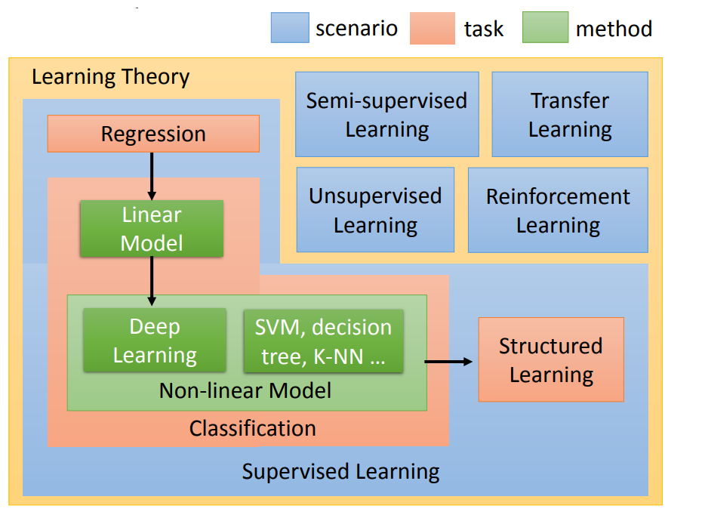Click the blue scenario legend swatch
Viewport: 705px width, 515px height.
290,28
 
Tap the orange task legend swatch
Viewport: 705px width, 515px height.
432,28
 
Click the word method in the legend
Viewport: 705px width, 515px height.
614,29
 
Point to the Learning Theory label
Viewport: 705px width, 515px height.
110,77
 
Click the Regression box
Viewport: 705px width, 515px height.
153,134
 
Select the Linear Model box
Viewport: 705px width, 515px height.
152,228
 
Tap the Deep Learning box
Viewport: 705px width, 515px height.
154,340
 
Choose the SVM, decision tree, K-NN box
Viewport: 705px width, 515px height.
323,341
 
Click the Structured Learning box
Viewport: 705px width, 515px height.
551,359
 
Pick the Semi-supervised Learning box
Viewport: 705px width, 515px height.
386,114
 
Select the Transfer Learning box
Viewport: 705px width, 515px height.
569,114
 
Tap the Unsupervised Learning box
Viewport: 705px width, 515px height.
375,210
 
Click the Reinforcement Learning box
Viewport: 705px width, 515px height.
558,210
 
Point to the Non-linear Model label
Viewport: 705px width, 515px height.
245,390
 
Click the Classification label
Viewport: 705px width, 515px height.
252,429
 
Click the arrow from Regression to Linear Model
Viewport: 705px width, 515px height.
152,175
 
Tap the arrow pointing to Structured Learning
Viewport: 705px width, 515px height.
448,362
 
